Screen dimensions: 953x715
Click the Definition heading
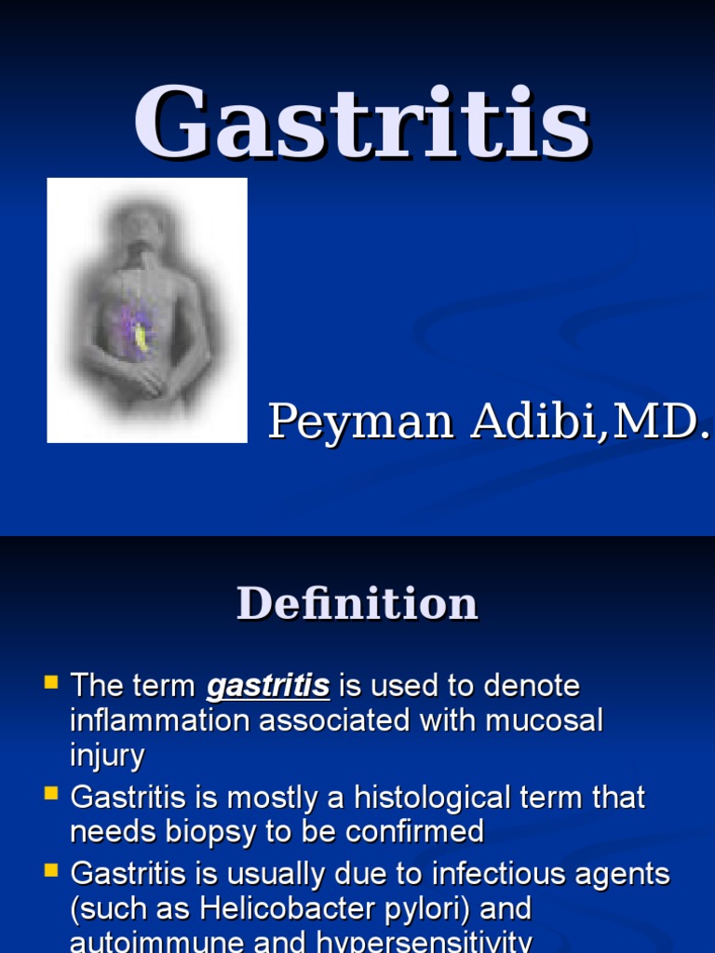point(357,603)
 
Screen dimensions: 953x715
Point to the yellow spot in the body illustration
point(142,338)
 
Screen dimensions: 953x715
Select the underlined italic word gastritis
point(268,688)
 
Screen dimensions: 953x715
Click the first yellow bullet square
point(51,683)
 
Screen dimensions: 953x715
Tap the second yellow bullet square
point(51,794)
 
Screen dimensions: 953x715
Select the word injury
point(107,756)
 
